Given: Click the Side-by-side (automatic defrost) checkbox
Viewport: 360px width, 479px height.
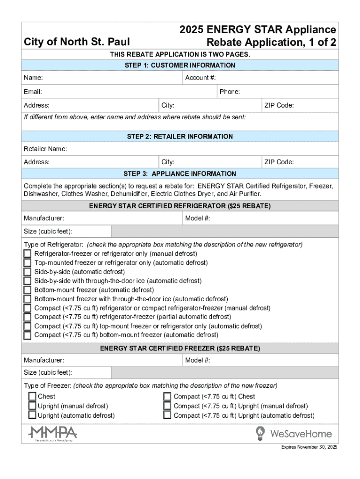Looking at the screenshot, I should [x=28, y=272].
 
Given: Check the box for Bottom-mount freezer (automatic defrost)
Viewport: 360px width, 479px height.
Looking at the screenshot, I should [x=28, y=290].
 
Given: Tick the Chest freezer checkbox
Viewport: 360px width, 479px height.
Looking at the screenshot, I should [x=32, y=397].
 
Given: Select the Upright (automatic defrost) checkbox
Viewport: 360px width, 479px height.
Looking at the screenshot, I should [x=32, y=415].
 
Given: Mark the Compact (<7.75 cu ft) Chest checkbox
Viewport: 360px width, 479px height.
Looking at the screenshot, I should [x=167, y=397].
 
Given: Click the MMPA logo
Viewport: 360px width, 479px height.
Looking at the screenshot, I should [x=52, y=433].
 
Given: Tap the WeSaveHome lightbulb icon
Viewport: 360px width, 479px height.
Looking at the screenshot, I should [x=260, y=434].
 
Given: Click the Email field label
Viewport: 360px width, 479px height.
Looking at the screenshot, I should [x=33, y=92].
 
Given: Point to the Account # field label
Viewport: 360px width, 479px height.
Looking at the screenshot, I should [x=203, y=78].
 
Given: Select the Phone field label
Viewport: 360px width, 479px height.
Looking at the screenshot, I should [x=230, y=92].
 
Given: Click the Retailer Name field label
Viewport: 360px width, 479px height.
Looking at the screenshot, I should [x=45, y=149].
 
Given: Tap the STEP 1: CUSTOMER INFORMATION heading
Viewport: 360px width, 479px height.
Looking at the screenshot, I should [x=180, y=65].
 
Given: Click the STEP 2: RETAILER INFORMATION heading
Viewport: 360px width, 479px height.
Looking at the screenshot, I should [x=180, y=137].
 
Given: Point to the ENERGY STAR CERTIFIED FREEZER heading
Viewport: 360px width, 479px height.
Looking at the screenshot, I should [x=180, y=348].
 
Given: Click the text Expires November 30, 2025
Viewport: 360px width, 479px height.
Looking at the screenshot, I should [x=309, y=447].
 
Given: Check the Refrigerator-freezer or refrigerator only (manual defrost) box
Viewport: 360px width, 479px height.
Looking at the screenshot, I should [x=28, y=254].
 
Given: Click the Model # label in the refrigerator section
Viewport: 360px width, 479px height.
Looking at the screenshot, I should [x=197, y=218].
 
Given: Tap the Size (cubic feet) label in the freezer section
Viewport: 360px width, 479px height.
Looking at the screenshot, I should [x=48, y=373].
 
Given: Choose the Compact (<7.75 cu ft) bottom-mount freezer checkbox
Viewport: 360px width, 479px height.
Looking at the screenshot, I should [x=28, y=335].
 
